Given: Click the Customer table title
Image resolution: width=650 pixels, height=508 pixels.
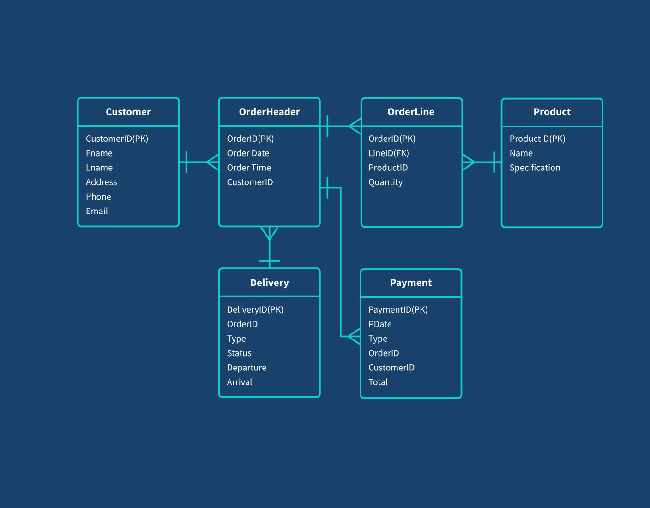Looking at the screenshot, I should point(128,112).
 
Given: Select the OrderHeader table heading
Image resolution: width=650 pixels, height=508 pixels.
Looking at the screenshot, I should point(269,112).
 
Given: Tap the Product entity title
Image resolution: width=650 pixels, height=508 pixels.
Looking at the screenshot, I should point(552,112).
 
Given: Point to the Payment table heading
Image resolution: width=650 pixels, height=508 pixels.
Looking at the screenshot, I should point(411,283).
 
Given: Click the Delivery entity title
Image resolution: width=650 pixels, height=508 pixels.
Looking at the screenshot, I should point(269,283).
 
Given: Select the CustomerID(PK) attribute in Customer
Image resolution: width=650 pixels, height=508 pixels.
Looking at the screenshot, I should point(117,139).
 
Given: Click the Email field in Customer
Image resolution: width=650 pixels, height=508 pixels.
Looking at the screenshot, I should point(97,211).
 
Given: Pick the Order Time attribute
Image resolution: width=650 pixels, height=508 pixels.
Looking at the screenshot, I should point(249,168).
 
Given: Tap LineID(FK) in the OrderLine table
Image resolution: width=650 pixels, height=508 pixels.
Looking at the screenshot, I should point(388,153).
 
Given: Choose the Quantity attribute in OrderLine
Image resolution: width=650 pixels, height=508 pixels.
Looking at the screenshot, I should point(385,182).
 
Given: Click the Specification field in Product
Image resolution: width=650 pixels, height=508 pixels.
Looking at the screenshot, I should point(535,168).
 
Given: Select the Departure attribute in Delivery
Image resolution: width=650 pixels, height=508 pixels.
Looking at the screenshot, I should point(247,368).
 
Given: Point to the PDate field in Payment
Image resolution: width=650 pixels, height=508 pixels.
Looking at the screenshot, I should point(380,324).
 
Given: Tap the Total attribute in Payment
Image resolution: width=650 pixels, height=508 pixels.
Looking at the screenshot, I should point(378,382).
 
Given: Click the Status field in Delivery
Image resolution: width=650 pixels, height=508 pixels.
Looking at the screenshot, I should point(239,353).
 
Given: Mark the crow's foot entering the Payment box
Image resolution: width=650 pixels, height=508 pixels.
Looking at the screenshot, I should point(355,336).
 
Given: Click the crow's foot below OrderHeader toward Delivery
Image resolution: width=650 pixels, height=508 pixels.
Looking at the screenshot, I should point(269,233).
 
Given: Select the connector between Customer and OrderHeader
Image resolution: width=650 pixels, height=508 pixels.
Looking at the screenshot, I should point(199,162).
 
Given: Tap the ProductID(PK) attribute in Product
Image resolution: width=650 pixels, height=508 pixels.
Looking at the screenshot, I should point(537,139).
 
